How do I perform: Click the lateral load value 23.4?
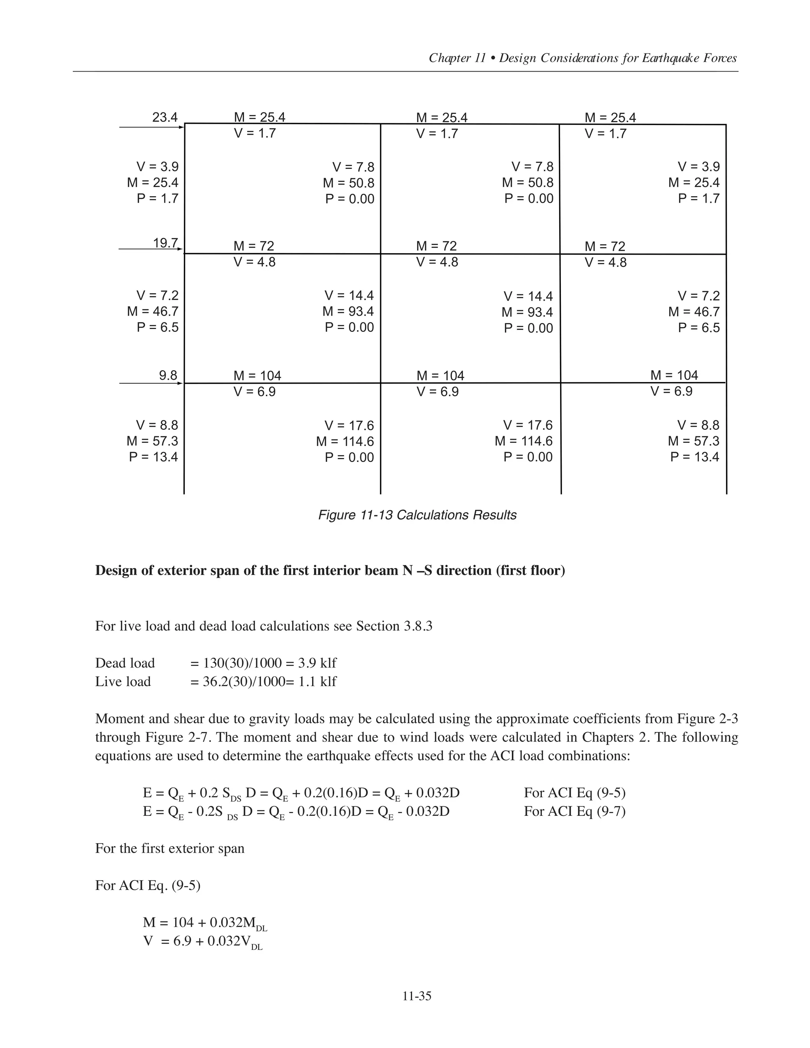click(x=165, y=117)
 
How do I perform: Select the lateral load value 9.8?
click(x=168, y=375)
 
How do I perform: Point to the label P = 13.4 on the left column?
click(x=153, y=456)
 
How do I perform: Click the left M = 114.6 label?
click(x=344, y=441)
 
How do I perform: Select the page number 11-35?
click(x=416, y=996)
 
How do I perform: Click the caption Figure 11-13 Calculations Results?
click(x=417, y=515)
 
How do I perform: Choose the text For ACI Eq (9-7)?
click(x=574, y=811)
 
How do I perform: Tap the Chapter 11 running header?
click(x=583, y=58)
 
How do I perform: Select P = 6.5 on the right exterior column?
click(x=699, y=328)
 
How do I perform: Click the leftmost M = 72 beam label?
click(x=254, y=246)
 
